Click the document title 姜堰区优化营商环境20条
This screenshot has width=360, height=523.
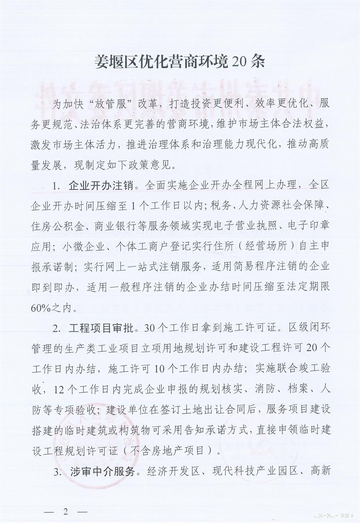[x=180, y=62]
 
